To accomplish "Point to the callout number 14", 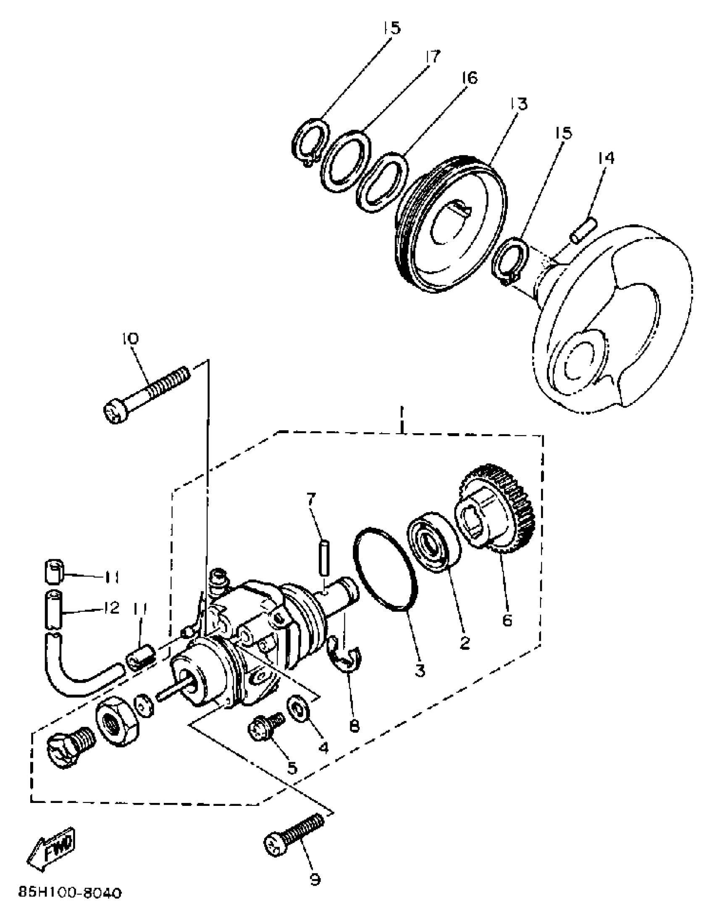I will pyautogui.click(x=606, y=158).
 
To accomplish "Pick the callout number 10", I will pyautogui.click(x=131, y=339).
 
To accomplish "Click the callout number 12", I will pyautogui.click(x=111, y=608).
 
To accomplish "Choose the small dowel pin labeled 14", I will pyautogui.click(x=583, y=230).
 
